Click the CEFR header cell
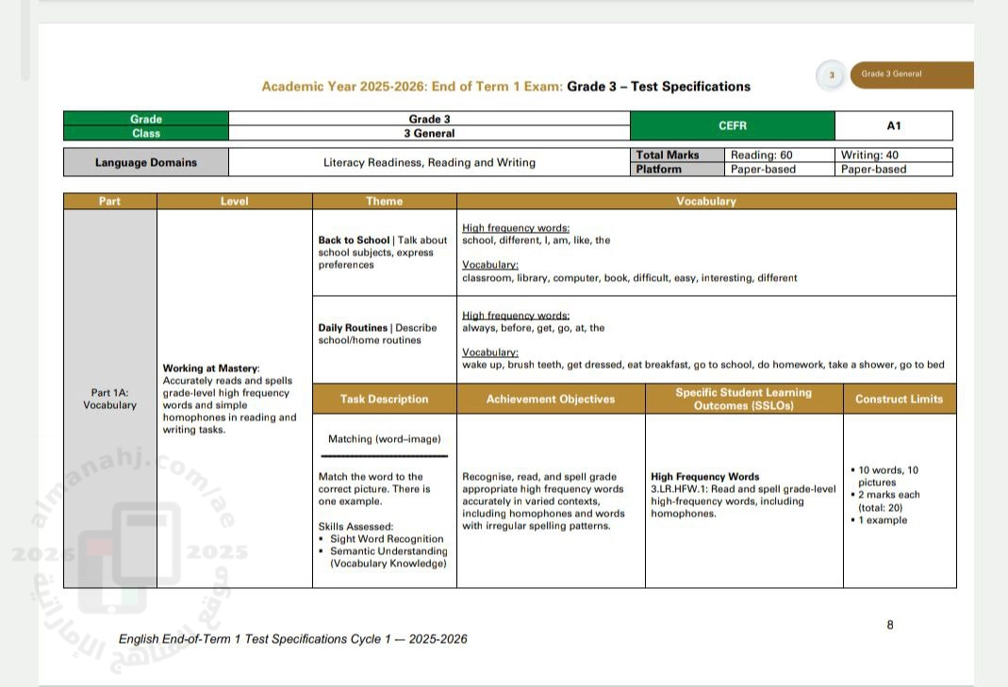(732, 125)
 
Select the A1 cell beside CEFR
(893, 125)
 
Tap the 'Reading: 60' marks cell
(761, 155)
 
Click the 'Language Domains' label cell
(146, 162)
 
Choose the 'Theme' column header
(384, 202)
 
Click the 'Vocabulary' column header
(706, 202)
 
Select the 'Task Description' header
(384, 399)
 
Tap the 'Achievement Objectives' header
(551, 399)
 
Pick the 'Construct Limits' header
(899, 399)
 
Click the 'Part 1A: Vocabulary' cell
(109, 399)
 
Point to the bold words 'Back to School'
(354, 240)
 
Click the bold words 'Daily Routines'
(353, 328)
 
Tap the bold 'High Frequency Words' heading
(704, 477)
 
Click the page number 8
(890, 624)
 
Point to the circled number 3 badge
(832, 75)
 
